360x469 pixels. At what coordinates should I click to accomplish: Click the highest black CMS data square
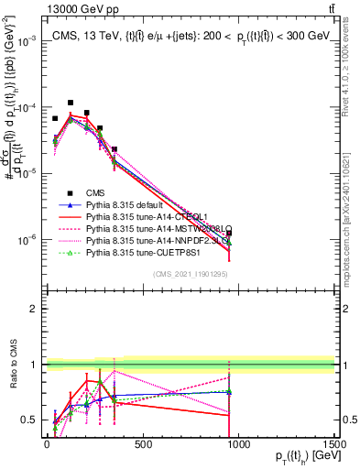click(x=71, y=104)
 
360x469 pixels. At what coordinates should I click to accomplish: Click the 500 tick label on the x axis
click(x=143, y=444)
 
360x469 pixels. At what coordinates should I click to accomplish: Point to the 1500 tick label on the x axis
click(x=333, y=444)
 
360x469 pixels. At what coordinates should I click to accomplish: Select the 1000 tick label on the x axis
click(x=237, y=444)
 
